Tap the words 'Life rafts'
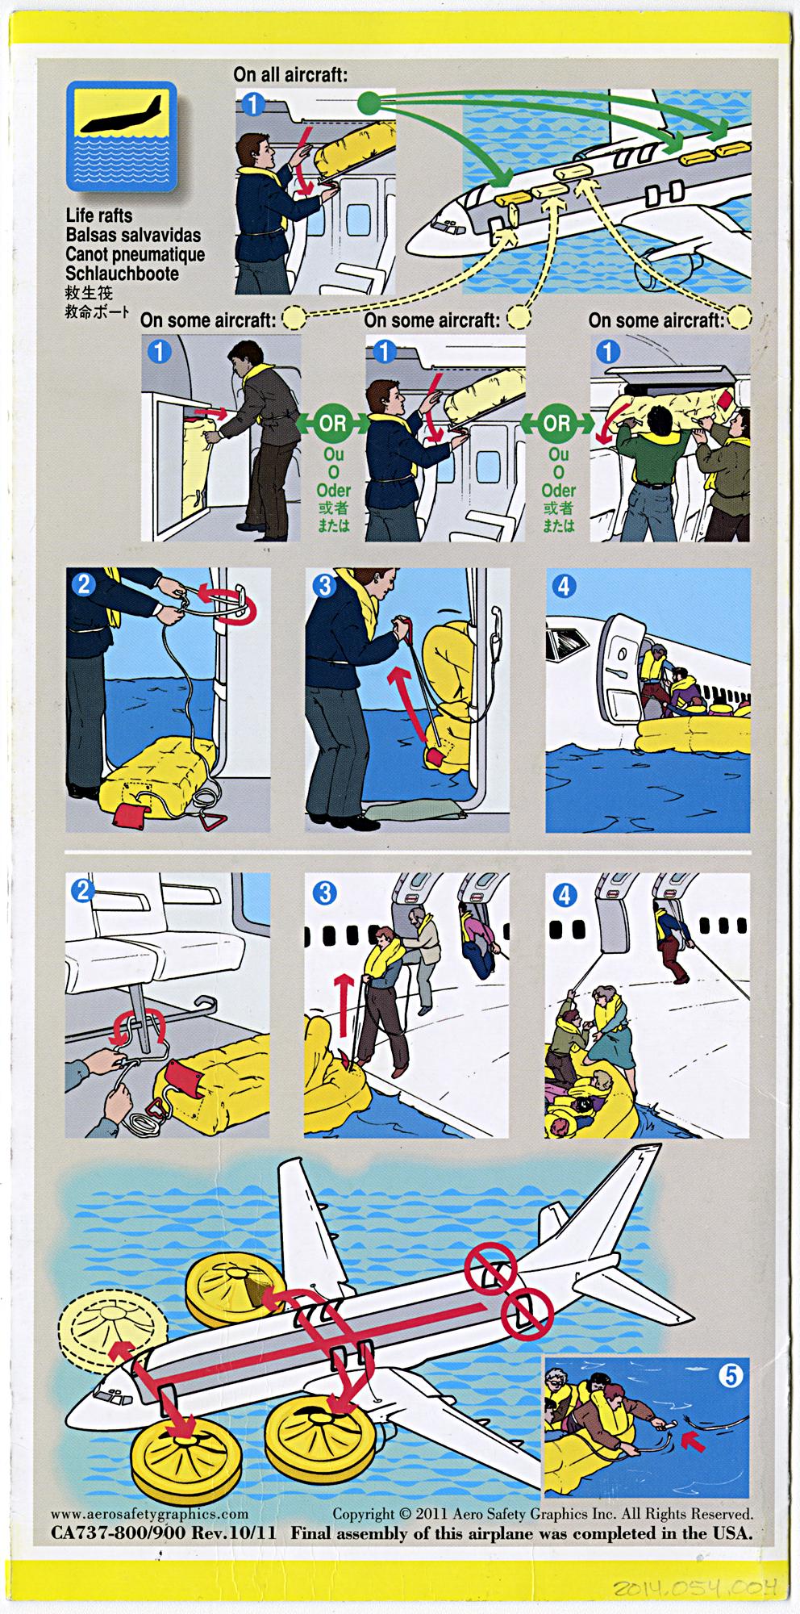[x=98, y=215]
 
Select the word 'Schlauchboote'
[x=122, y=274]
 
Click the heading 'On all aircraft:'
[x=290, y=74]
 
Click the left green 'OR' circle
[x=333, y=423]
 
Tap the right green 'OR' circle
[x=557, y=423]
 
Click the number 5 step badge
[x=730, y=1374]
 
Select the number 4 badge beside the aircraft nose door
[x=564, y=585]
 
